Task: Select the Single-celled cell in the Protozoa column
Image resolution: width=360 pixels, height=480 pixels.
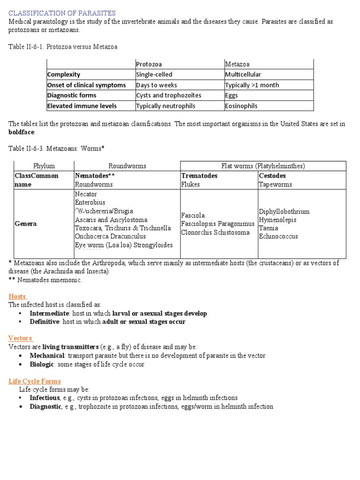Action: point(154,75)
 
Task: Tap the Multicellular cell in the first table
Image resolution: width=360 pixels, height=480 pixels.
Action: point(243,75)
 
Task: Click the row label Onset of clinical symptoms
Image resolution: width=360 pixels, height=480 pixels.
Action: point(86,85)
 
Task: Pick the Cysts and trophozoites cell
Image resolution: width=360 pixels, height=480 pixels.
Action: point(168,95)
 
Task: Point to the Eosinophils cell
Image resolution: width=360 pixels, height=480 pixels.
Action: point(241,106)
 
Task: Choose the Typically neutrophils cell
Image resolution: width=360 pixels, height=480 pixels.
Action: point(165,106)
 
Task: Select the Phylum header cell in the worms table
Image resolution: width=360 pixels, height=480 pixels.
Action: point(44,166)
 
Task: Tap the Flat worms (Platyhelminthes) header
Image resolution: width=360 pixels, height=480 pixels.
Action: point(263,166)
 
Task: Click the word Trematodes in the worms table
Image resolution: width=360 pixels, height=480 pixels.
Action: point(199,176)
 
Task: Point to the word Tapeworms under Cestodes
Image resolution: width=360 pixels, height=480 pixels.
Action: point(275,184)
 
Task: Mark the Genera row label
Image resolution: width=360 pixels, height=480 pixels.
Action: point(26,224)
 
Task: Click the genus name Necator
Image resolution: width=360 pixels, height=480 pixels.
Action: point(86,194)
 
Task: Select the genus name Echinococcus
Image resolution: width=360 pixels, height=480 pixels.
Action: point(278,236)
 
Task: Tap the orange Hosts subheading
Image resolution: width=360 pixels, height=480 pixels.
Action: point(18,296)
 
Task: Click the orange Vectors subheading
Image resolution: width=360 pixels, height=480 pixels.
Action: point(20,338)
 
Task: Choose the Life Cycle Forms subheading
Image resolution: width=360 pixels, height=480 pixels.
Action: point(35,381)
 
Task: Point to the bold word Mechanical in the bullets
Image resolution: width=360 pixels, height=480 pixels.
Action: point(47,356)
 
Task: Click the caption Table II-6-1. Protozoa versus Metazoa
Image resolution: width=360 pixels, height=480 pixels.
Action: point(63,47)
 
